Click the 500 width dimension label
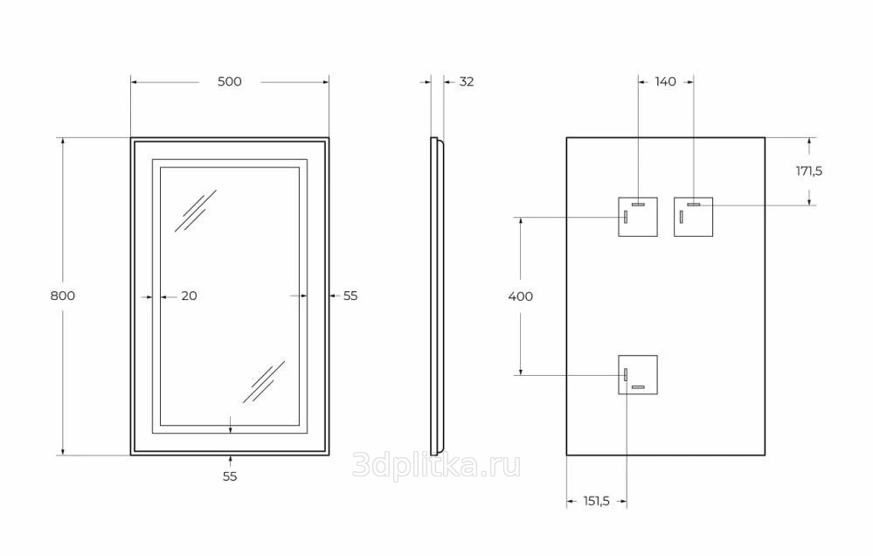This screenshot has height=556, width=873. coord(229,81)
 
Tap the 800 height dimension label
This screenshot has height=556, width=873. coord(62,295)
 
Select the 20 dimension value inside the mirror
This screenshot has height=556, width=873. coord(190,295)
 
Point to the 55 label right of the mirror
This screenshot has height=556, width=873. coord(350,295)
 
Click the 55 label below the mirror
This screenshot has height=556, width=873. coord(230,476)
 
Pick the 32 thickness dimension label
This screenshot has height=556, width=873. coord(467,81)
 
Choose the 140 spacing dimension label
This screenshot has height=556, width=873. coord(665,81)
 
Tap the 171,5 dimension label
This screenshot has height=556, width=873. coord(809,171)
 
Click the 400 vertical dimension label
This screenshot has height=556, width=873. coord(521,296)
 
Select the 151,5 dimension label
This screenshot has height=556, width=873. coord(596,501)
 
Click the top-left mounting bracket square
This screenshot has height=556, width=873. coord(638,217)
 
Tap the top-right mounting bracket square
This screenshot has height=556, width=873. coord(693,217)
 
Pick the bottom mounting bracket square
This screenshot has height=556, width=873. coord(638,374)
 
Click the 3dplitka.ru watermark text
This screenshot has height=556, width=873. coord(437,466)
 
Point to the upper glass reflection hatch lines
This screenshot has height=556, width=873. coord(196,211)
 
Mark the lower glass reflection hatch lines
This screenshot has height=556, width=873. coord(264,382)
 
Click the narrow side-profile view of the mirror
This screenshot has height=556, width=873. coord(437,295)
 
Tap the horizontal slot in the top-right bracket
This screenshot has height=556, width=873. coord(694,205)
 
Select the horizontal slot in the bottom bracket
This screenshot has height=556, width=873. coord(638,386)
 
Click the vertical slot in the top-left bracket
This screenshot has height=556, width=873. coord(626,217)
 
